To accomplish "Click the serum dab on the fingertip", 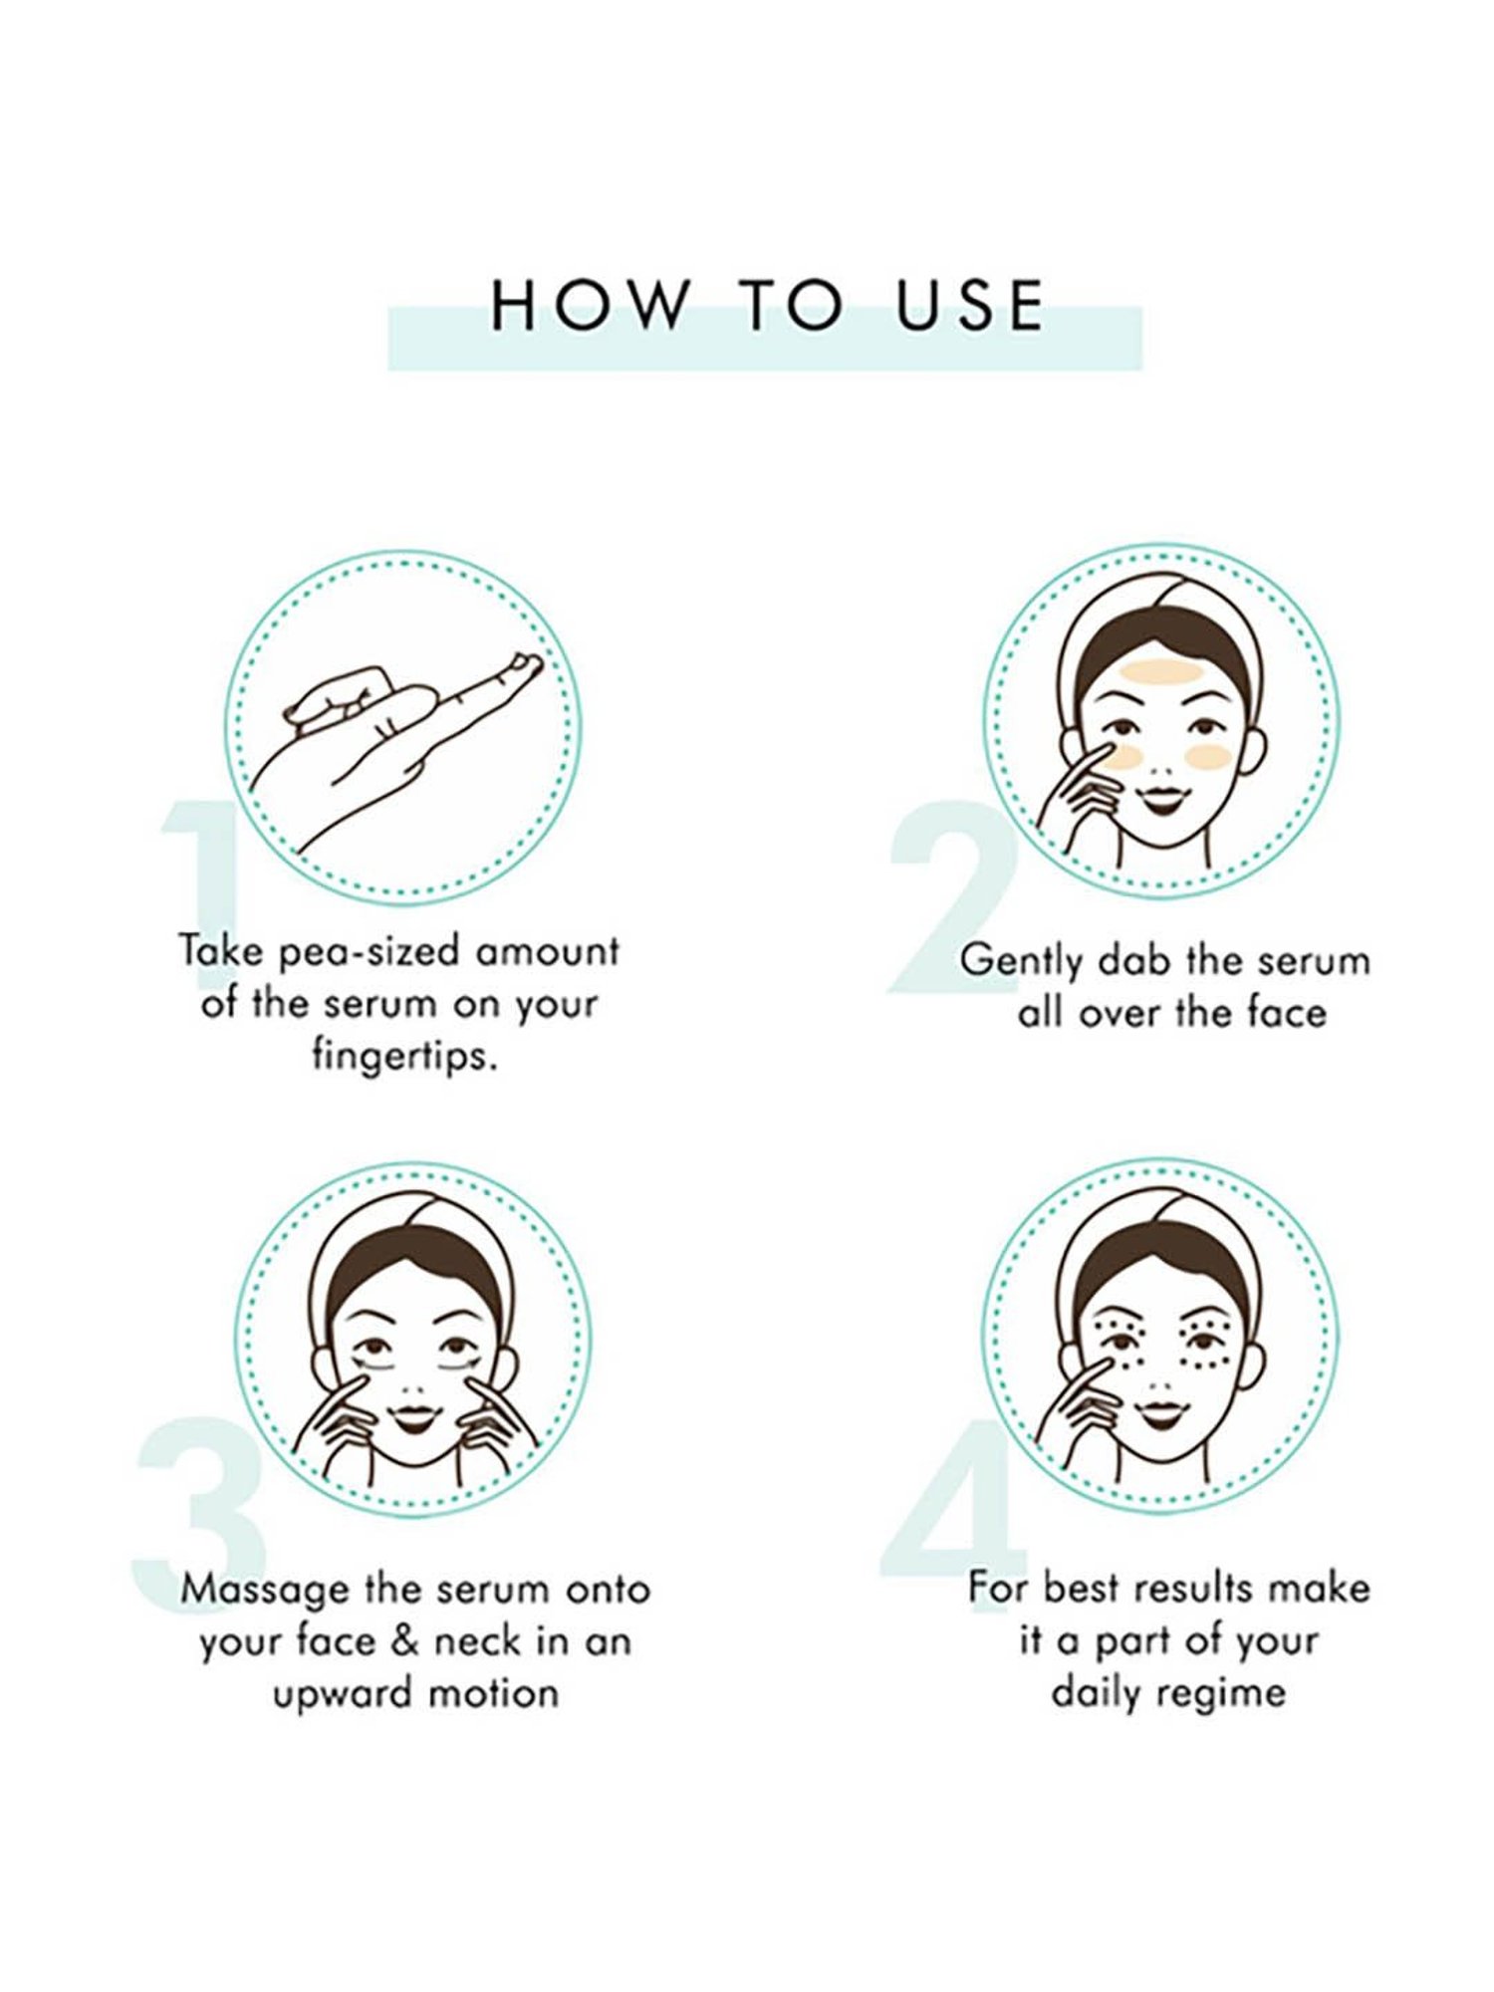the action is (525, 663).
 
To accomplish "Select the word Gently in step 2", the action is (1023, 962).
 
